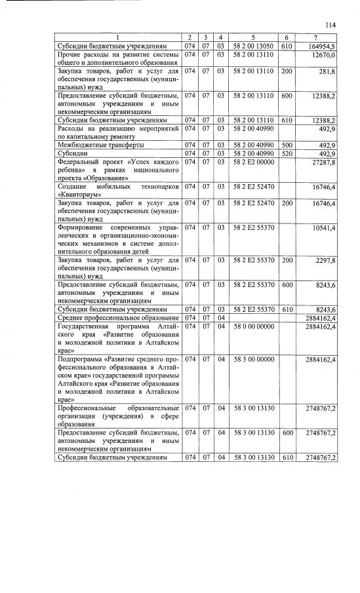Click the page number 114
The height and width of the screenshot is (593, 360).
click(x=330, y=25)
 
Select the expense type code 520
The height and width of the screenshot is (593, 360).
click(x=287, y=153)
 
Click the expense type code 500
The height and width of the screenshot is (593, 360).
click(x=287, y=145)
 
